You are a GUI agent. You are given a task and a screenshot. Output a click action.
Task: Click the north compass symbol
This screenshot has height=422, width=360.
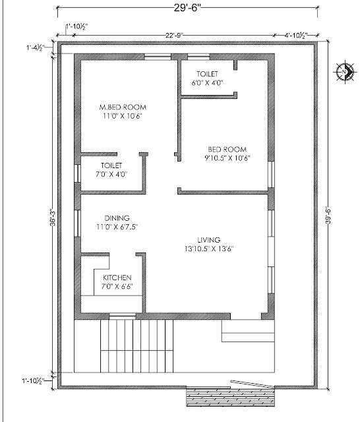click(344, 72)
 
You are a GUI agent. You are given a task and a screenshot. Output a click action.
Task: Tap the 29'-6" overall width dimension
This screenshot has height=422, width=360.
click(187, 8)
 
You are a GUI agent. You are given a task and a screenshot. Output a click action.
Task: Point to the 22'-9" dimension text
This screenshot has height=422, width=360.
click(174, 35)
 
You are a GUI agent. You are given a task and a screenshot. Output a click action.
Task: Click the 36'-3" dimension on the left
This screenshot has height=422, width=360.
click(53, 217)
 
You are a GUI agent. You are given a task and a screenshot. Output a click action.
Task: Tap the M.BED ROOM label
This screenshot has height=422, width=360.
click(123, 111)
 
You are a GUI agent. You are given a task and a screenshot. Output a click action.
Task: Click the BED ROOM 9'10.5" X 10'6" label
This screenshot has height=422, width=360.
click(227, 154)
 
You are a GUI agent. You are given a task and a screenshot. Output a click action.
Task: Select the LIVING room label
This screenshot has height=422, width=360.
click(209, 244)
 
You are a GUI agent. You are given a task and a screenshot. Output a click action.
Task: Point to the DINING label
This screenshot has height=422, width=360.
click(117, 222)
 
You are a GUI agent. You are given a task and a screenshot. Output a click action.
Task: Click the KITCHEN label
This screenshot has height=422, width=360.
click(117, 282)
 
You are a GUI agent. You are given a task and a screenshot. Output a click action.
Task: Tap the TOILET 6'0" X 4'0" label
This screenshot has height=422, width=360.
click(207, 78)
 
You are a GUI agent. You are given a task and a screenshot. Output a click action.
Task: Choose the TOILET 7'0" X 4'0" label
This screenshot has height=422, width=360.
click(111, 170)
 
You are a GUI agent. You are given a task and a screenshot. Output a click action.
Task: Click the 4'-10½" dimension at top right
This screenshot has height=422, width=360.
click(296, 35)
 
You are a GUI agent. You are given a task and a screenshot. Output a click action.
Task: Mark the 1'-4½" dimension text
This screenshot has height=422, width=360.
click(35, 47)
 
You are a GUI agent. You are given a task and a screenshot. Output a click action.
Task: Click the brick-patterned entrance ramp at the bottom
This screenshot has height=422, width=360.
click(231, 396)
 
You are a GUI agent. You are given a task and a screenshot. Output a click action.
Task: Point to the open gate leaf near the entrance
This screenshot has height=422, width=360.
click(252, 384)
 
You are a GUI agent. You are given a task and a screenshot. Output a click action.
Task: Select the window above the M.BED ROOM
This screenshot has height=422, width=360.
click(158, 57)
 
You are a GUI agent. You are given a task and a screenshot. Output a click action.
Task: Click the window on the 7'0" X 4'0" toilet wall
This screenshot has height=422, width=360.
click(78, 173)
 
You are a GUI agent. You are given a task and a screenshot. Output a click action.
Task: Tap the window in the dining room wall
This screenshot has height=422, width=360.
click(78, 224)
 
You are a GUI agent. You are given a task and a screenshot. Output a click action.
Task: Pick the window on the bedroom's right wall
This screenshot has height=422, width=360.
click(271, 174)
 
